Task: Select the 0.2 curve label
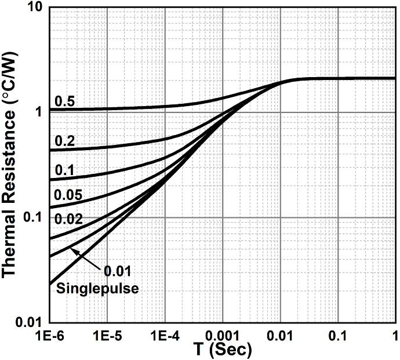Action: (64, 141)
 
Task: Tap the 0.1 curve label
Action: (64, 170)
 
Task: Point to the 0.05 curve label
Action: (68, 194)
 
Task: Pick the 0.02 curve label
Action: (68, 219)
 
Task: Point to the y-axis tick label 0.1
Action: (34, 217)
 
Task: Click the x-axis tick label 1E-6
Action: (51, 336)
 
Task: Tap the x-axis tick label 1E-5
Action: (108, 336)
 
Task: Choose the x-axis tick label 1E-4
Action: (165, 336)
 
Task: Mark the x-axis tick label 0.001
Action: (221, 336)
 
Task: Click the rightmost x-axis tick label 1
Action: (394, 336)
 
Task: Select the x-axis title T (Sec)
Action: (223, 350)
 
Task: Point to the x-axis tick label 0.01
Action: (280, 336)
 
